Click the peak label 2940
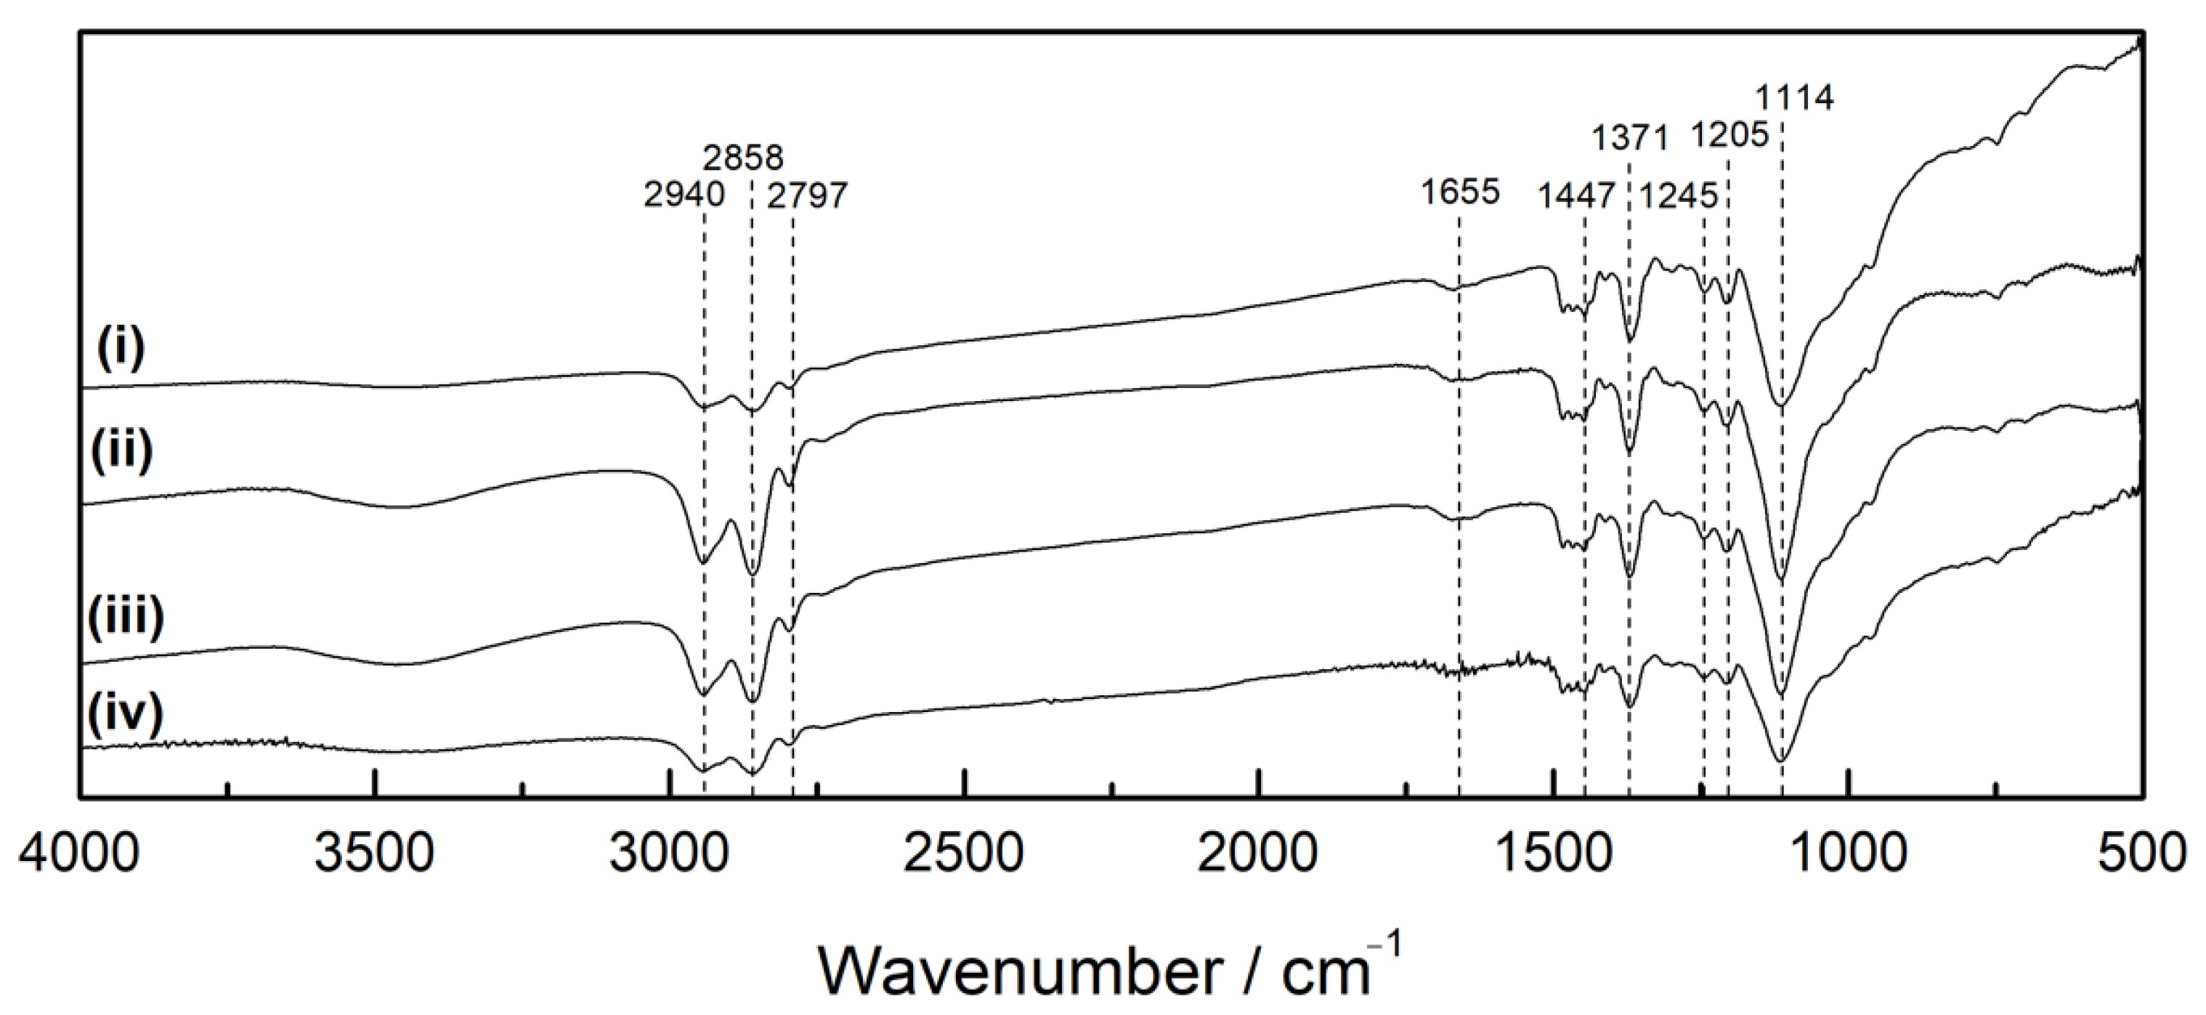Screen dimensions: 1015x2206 [x=684, y=195]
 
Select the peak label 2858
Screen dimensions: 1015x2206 [x=743, y=158]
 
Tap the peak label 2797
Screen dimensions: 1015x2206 [x=807, y=196]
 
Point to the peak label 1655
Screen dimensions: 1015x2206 [x=1460, y=192]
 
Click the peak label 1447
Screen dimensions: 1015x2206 [x=1576, y=196]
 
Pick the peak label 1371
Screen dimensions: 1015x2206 [x=1630, y=137]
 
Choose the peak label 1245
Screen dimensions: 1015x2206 [x=1678, y=196]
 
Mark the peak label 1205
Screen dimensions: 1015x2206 [x=1729, y=134]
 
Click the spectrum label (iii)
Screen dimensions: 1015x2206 [x=125, y=618]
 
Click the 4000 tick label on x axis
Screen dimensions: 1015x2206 [x=78, y=856]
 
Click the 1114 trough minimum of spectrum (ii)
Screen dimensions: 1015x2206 [x=1782, y=580]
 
